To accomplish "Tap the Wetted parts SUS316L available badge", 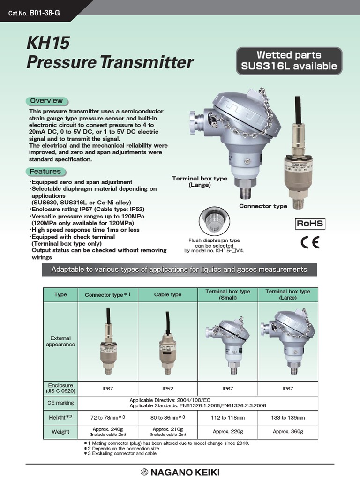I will click(289, 61).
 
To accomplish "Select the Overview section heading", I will click(46, 101).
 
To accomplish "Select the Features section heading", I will click(45, 172).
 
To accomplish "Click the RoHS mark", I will click(309, 223).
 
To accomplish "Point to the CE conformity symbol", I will click(309, 242).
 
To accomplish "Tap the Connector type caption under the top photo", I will click(263, 206).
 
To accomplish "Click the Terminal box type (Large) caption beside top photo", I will click(200, 181).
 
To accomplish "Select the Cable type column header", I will click(168, 295).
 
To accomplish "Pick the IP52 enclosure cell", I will click(168, 389).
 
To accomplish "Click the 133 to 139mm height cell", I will click(288, 417).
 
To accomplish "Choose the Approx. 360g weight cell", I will click(288, 431).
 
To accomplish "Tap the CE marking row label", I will click(60, 403).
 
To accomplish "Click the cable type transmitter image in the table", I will click(168, 342).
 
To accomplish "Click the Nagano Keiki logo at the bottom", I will click(180, 472).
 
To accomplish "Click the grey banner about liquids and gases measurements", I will click(180, 270).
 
